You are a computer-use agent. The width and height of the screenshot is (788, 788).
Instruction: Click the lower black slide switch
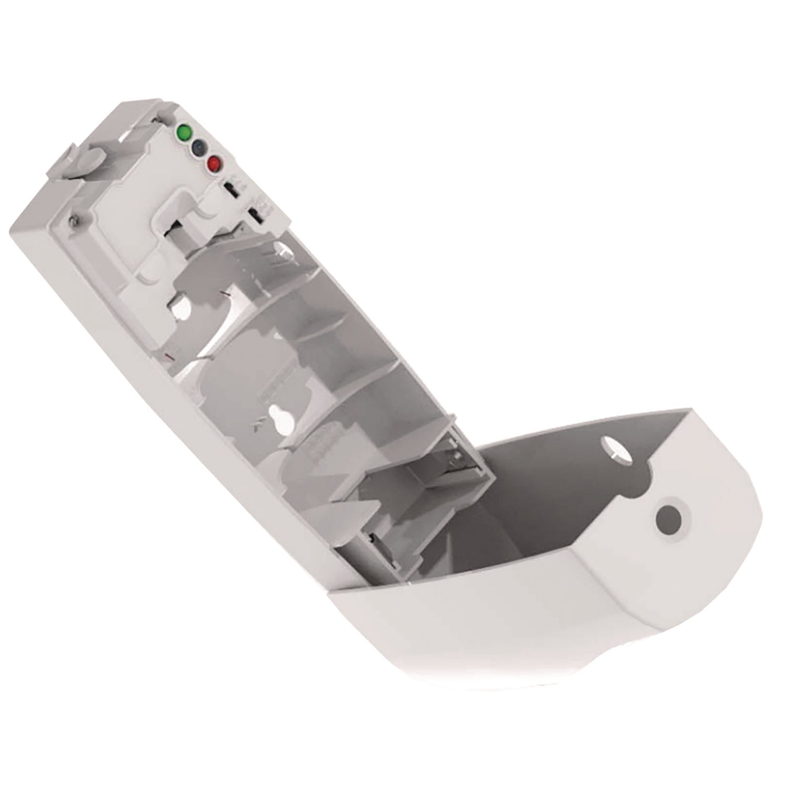(x=256, y=215)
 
